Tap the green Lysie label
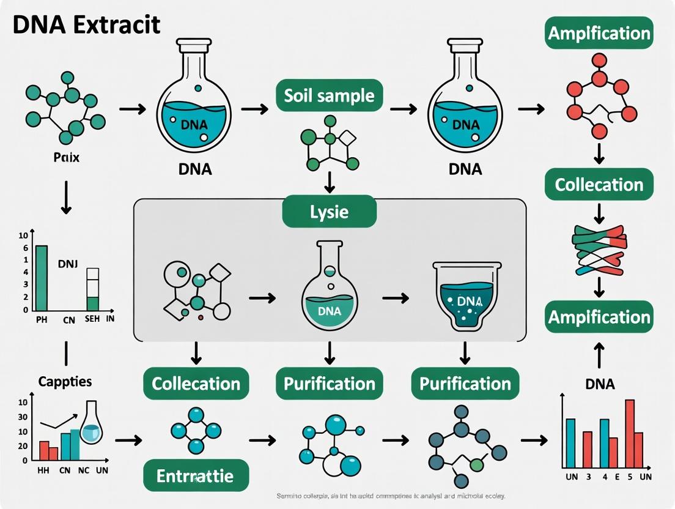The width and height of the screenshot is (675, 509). (329, 212)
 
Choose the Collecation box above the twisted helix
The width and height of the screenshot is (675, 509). (599, 185)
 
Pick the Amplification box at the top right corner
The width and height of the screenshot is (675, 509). (599, 33)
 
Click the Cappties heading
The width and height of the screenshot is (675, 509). (65, 381)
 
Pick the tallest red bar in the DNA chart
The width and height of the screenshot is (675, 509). (630, 433)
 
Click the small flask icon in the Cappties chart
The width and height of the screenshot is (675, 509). (91, 424)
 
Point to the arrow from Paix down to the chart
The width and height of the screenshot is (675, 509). (66, 199)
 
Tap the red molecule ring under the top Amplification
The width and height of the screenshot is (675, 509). (599, 101)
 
